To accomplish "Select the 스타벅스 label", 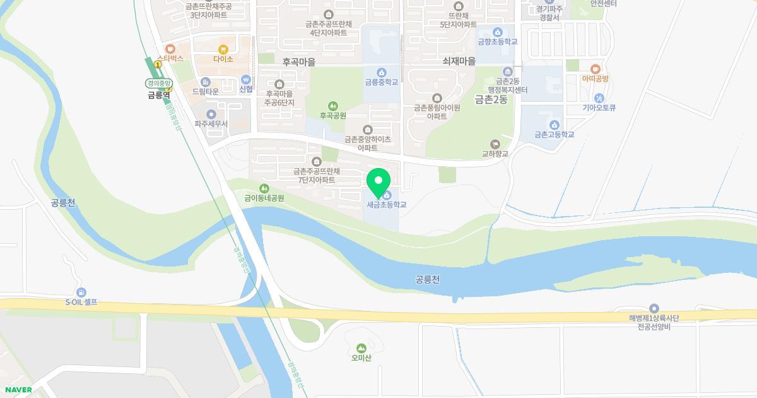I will coord(170,58).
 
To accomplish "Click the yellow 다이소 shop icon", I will coord(223,49).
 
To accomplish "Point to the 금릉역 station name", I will coord(159,95).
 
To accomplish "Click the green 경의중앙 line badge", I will coord(159,83).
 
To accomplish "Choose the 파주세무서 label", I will coord(211,124).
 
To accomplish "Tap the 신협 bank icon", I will coord(246,80).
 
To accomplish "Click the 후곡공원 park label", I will coord(332,116).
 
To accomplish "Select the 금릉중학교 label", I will coord(381,82).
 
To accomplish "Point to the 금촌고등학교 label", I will coord(554,135).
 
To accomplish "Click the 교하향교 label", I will coord(495,154).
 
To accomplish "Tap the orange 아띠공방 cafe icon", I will coord(595,69).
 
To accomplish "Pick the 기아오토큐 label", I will coord(599,107).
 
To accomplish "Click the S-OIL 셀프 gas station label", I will coord(81,302).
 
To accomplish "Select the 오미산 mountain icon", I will coord(361,348).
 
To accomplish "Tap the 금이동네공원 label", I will coord(264,198).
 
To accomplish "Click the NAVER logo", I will coord(18,390).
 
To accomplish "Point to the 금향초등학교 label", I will coord(497,42).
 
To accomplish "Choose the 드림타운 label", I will coord(206,92).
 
